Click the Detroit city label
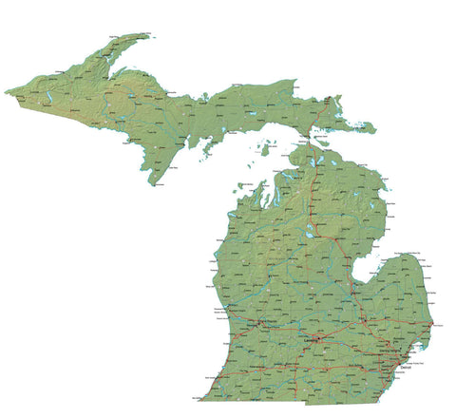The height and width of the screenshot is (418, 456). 407,366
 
